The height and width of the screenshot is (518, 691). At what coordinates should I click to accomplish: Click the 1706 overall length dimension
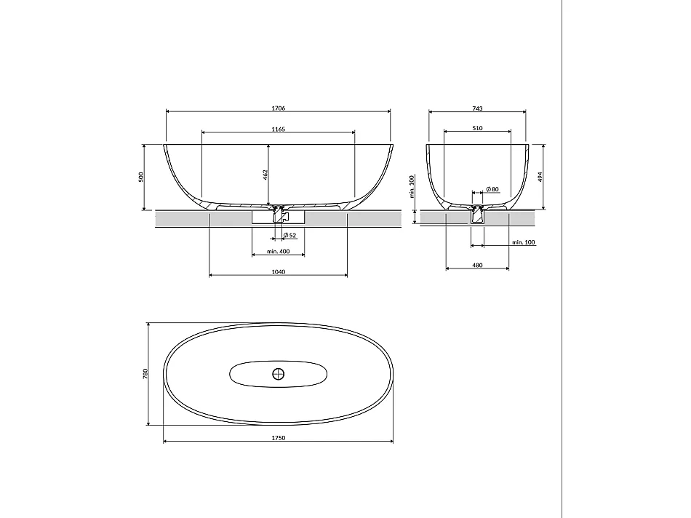pos(278,108)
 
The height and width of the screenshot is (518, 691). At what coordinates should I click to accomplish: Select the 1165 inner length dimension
pos(278,129)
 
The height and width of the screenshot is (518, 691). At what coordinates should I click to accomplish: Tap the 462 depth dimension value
pos(265,175)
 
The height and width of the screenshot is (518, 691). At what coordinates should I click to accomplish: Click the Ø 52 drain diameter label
pos(289,234)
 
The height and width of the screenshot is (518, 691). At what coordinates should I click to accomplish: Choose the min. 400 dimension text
pos(278,251)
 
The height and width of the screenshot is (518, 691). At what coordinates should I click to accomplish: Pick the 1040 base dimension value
pos(278,272)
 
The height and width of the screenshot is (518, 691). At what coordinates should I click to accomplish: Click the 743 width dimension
pos(477,108)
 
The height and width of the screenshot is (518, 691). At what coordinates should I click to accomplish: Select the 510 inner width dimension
pos(477,129)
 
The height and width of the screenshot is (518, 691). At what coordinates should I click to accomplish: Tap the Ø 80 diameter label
pos(492,190)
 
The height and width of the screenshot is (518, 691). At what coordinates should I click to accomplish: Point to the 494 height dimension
pos(539,176)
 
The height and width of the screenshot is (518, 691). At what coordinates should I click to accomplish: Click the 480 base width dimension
pos(477,266)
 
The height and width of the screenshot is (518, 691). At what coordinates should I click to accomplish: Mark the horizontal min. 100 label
pos(523,242)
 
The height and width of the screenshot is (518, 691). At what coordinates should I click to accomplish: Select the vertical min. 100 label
pos(412,186)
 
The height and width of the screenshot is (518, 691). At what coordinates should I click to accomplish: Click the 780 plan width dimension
pos(145,373)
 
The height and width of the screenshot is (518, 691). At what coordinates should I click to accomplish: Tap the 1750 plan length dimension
pos(278,438)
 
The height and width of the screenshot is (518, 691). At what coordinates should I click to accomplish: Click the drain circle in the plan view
pos(278,374)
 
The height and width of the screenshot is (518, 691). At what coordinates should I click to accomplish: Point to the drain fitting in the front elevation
pos(277,212)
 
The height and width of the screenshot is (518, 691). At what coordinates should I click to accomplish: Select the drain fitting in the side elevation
pos(477,214)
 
